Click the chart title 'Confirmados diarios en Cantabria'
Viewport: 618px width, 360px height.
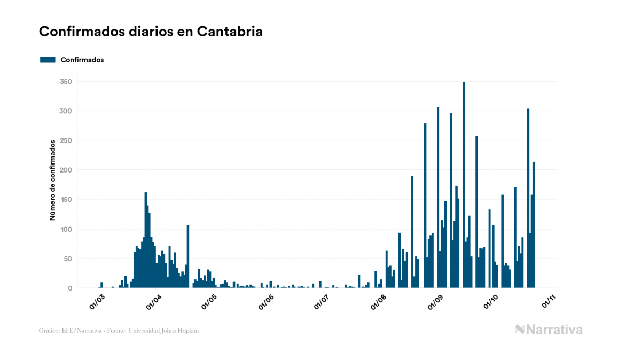coord(151,32)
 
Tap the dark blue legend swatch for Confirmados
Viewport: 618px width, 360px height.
coord(48,60)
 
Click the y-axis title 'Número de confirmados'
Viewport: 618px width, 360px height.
coord(52,180)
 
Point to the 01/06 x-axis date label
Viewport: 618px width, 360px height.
coord(266,300)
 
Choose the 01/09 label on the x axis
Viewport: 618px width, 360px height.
coord(436,300)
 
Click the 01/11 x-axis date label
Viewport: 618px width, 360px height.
coord(549,300)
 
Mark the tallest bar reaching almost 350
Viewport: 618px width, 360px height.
coord(464,185)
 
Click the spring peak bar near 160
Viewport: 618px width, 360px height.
coord(146,240)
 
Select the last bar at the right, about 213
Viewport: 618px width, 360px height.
coord(534,225)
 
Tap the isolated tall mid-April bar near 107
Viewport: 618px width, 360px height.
coord(188,256)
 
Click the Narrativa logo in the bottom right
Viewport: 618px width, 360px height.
coord(549,330)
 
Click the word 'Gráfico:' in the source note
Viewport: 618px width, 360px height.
coord(49,331)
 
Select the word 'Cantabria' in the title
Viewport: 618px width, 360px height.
coord(230,32)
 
